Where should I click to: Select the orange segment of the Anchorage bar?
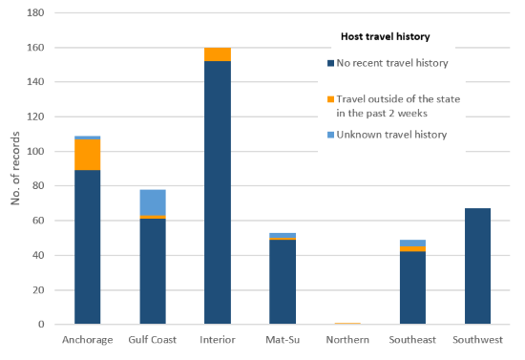[88, 155]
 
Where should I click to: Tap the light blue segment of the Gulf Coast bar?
[152, 202]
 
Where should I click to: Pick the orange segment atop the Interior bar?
[217, 54]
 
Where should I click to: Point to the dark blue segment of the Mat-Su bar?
[282, 282]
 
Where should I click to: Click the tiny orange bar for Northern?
[346, 324]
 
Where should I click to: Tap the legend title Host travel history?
[384, 37]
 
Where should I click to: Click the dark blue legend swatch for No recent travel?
[329, 64]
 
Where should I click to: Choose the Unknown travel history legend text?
[391, 135]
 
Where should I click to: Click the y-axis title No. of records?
[13, 170]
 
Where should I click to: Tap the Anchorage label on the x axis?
[87, 340]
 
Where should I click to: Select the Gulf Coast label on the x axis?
[152, 340]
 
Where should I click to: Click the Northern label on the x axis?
[346, 340]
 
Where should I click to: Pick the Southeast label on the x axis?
[411, 340]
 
